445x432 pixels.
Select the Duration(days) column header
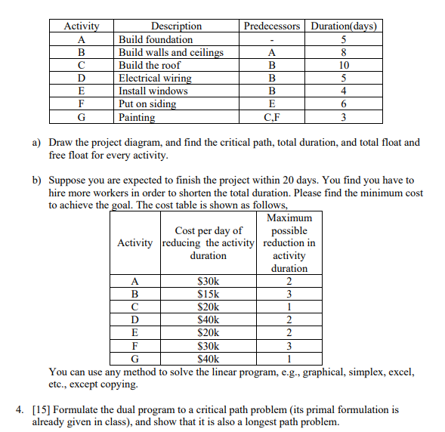coord(343,26)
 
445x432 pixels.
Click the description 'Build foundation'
coord(156,39)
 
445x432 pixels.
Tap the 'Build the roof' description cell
coord(150,65)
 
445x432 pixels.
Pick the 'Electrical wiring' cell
coord(155,78)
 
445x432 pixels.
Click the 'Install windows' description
coord(153,91)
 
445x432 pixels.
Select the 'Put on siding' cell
coord(147,103)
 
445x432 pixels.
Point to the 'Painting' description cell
coord(137,117)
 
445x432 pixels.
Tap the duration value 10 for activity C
coord(343,65)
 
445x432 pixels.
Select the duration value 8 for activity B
coord(343,52)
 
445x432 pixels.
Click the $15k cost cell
coord(208,295)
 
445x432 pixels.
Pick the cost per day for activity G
coord(208,359)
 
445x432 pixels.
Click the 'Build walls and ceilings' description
coord(171,52)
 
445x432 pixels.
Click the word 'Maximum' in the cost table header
coord(289,218)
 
